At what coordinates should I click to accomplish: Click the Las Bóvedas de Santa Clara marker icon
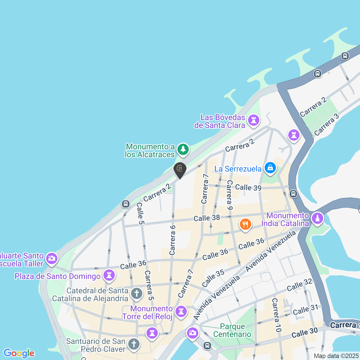(253, 121)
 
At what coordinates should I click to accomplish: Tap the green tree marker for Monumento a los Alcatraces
(183, 149)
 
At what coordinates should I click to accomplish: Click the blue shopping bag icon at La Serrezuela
(270, 168)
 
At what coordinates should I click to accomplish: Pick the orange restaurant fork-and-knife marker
(245, 224)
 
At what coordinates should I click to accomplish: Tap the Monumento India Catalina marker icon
(318, 218)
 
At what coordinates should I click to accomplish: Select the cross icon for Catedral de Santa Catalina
(137, 293)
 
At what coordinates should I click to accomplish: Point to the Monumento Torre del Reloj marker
(181, 311)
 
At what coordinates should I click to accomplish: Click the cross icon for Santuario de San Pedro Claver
(134, 344)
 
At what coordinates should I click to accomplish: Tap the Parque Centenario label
(232, 330)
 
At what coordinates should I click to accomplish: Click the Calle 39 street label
(248, 188)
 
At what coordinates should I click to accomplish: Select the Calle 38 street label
(207, 218)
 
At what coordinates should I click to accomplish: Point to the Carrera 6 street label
(172, 240)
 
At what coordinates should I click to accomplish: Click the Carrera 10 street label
(276, 315)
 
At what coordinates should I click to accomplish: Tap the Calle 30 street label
(304, 333)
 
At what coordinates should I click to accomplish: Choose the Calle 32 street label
(299, 285)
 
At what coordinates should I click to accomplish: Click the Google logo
(19, 353)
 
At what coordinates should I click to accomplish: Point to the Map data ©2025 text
(336, 356)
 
